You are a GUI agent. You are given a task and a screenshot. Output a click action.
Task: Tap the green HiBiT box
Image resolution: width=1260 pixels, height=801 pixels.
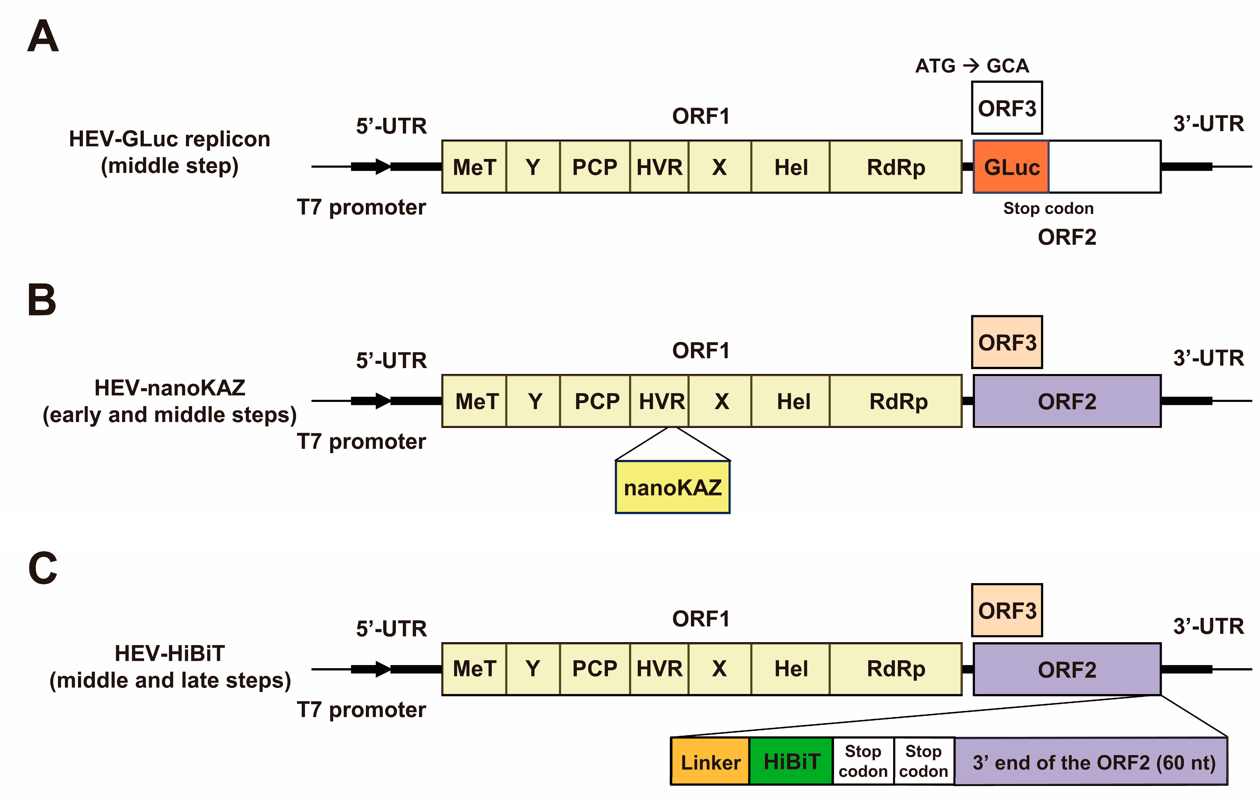tap(791, 761)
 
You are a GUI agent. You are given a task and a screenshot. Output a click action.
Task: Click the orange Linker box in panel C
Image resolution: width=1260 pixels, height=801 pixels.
tap(710, 761)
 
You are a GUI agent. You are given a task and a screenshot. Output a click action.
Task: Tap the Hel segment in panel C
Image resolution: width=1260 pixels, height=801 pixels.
tap(791, 669)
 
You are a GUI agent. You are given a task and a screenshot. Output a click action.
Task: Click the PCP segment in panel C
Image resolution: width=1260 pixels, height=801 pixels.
tap(595, 669)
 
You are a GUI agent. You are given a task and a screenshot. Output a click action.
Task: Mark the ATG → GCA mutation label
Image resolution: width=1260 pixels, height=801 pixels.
tap(972, 66)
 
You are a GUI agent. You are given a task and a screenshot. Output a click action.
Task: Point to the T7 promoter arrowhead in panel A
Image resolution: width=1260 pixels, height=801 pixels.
tap(383, 166)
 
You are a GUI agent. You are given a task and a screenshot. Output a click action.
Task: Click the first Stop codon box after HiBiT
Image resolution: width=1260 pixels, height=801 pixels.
tap(863, 761)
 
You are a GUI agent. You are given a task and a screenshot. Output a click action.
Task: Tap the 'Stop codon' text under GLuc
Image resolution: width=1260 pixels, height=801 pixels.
tap(1048, 208)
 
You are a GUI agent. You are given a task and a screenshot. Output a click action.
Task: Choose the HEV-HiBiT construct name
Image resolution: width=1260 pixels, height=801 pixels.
tap(169, 653)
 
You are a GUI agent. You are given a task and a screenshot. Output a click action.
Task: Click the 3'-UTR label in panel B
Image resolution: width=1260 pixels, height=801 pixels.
tap(1208, 358)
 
